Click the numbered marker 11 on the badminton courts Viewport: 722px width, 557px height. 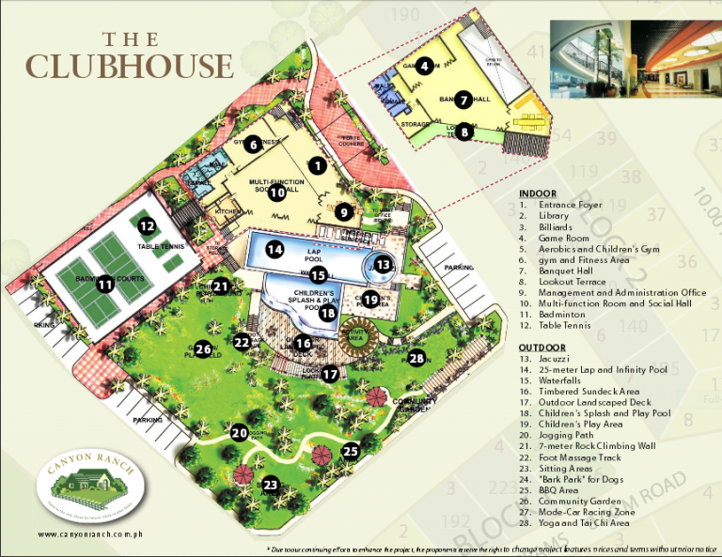(104, 283)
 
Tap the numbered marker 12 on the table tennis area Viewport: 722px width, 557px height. (146, 226)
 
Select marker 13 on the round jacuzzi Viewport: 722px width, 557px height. (383, 266)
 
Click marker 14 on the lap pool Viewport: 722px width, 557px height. (274, 250)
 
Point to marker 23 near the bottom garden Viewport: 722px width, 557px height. (271, 485)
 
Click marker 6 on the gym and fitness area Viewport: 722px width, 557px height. (252, 144)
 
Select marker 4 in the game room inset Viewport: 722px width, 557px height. (426, 66)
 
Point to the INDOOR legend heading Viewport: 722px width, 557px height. (537, 193)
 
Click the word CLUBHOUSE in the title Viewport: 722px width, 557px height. (129, 66)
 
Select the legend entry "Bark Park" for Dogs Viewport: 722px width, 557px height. (577, 479)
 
